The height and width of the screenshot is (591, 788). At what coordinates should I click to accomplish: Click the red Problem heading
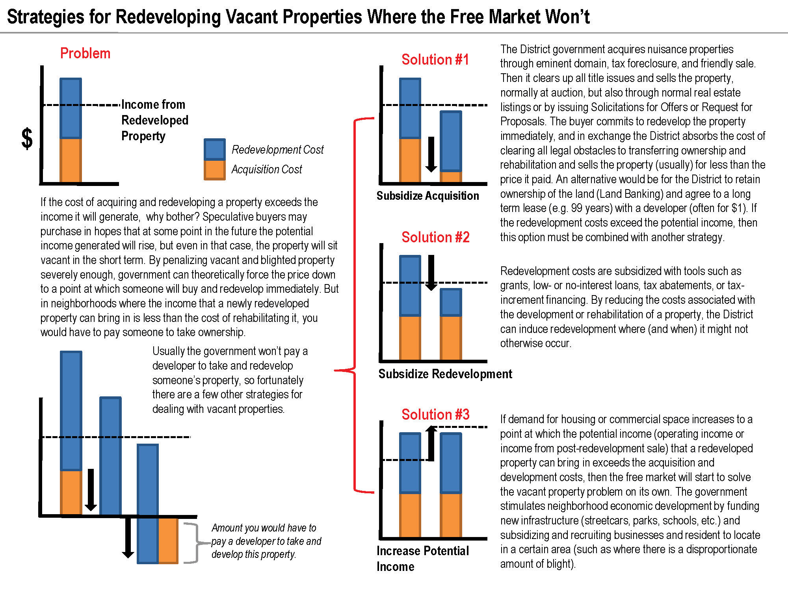85,53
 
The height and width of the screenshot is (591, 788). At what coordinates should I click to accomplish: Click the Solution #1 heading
435,59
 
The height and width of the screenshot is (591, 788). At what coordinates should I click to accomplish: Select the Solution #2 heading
436,237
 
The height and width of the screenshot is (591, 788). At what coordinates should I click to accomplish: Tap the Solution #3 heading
436,414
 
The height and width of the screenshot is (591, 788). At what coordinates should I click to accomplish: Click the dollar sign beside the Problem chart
27,139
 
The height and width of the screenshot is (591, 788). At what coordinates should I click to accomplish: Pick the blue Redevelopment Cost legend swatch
215,149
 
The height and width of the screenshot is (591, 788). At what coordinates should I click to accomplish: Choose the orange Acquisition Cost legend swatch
215,170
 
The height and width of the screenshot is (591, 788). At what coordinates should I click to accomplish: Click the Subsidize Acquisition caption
428,196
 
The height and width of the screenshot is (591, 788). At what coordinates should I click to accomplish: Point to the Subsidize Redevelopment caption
445,374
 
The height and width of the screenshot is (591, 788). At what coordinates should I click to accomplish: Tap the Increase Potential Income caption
423,559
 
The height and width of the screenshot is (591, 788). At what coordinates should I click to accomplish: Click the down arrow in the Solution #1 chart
431,154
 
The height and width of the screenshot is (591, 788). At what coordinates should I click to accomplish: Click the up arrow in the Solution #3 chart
431,444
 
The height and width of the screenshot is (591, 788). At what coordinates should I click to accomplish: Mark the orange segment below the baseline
168,541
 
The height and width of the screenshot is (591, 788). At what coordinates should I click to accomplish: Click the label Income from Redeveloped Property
155,120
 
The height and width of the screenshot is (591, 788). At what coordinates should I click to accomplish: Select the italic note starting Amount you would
266,541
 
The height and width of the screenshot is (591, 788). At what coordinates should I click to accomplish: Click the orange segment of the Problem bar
71,160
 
